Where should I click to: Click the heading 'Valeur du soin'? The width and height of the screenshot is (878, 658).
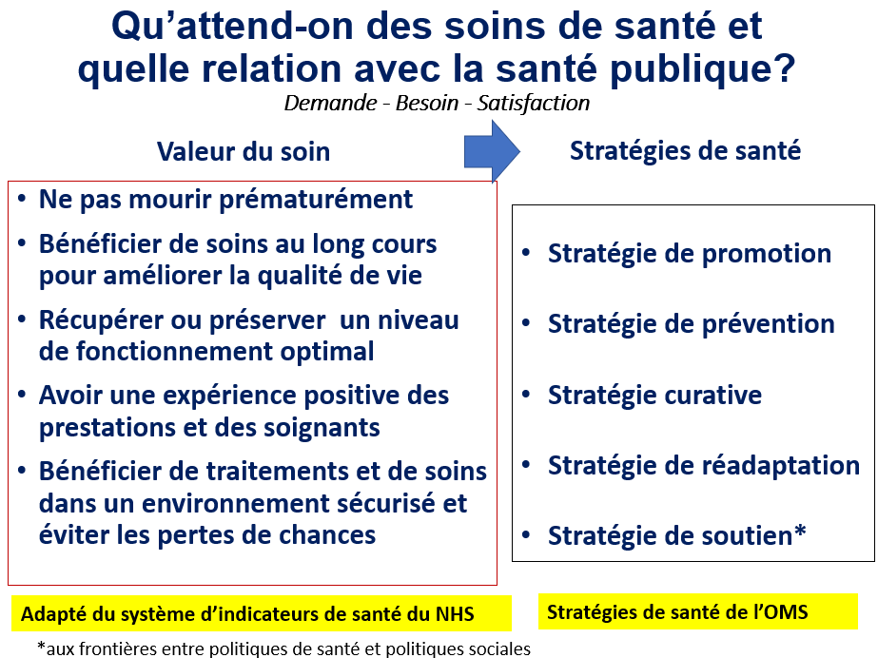point(244,151)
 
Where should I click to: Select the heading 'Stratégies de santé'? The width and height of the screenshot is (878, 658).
point(686,151)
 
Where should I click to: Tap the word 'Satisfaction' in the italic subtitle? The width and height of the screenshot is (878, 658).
point(533,103)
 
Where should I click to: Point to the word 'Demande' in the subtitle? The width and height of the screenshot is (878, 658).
point(330,103)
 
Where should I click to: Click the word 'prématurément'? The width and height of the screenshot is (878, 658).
point(316,200)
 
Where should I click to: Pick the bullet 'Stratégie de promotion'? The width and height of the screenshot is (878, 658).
point(690,254)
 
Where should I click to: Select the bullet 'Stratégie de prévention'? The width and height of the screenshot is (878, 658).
point(691,324)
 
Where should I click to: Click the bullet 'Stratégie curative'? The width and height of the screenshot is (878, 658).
point(654,395)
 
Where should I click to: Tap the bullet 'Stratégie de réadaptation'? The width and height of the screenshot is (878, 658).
point(704,466)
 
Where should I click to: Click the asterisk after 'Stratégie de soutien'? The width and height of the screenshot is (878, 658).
point(800,530)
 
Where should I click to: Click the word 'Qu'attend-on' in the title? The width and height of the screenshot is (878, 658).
point(232,26)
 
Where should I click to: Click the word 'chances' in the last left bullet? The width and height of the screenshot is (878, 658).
point(327,535)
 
